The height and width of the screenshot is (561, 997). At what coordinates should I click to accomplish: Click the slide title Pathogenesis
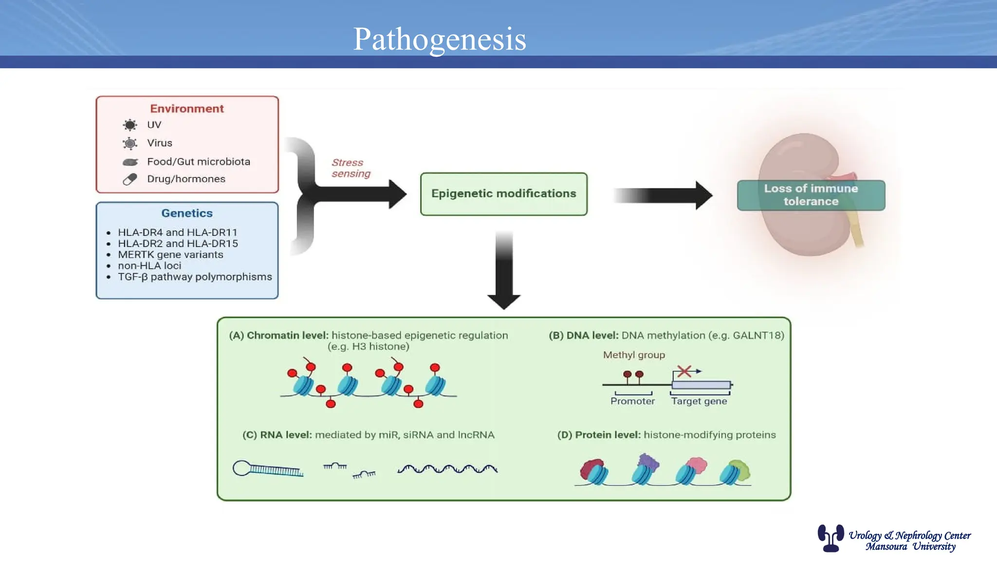(x=439, y=39)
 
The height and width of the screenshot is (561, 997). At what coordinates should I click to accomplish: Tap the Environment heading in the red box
(x=186, y=109)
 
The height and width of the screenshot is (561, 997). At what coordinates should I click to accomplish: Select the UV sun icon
(x=130, y=125)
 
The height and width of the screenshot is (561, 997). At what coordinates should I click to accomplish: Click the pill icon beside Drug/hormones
(x=130, y=179)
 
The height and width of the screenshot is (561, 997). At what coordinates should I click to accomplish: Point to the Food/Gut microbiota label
(x=198, y=162)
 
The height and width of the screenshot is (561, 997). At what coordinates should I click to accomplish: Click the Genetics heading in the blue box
(x=186, y=213)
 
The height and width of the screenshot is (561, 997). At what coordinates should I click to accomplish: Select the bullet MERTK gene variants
(x=170, y=255)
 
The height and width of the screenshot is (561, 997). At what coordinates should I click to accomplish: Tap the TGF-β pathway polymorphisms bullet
(x=195, y=277)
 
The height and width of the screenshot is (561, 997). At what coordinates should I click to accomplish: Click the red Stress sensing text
(x=351, y=168)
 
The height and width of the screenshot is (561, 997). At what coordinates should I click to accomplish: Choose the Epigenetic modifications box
(x=503, y=194)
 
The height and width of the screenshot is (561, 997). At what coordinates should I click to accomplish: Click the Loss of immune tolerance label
(x=811, y=195)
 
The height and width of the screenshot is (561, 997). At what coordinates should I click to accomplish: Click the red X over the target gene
(x=684, y=372)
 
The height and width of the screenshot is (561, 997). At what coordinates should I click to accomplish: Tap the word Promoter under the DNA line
(x=632, y=401)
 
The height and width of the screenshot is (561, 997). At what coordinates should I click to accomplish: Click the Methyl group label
(x=634, y=355)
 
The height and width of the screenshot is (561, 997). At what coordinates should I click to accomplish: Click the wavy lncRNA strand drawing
(x=447, y=469)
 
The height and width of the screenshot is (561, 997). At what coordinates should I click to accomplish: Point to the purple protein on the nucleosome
(x=648, y=461)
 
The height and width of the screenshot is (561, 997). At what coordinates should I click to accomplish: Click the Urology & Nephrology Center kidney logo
(x=831, y=538)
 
